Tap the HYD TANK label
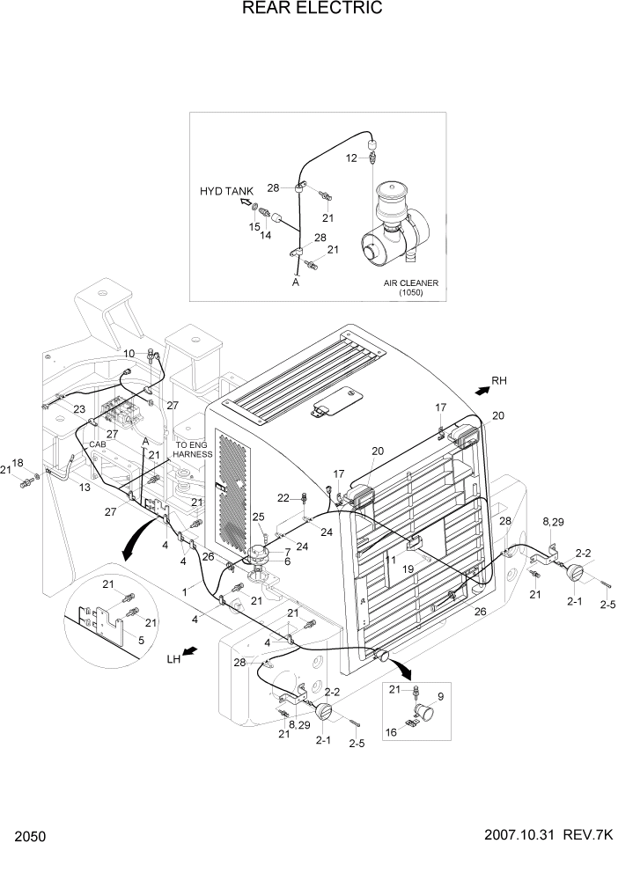226,191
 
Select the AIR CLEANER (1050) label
410,288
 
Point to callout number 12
350,158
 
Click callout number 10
129,354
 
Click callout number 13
85,488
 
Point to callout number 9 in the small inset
440,696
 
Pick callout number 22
284,498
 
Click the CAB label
97,445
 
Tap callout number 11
390,559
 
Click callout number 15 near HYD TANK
254,227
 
